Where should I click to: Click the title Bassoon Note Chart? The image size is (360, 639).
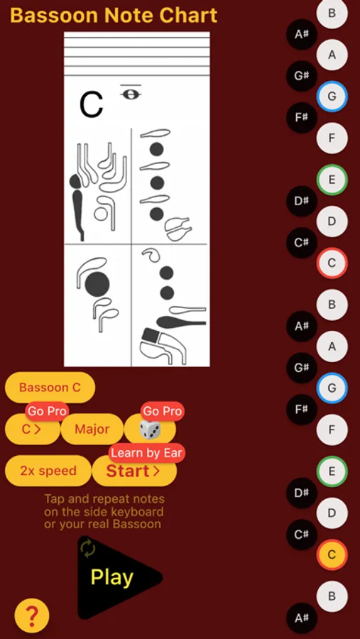click(x=114, y=16)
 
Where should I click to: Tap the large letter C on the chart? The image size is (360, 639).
click(x=92, y=105)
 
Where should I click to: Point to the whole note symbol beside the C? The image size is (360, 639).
click(x=131, y=94)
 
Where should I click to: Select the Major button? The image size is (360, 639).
click(x=92, y=429)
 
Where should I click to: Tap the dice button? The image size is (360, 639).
click(x=150, y=430)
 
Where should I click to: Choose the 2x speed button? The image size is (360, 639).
click(x=48, y=471)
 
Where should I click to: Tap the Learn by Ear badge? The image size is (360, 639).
click(x=147, y=453)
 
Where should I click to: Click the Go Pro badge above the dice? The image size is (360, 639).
click(x=163, y=411)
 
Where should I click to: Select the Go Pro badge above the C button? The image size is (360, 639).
click(x=48, y=411)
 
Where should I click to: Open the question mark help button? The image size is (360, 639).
click(x=32, y=616)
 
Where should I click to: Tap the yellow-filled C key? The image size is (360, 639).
click(x=332, y=555)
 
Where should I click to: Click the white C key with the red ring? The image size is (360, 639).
click(x=332, y=263)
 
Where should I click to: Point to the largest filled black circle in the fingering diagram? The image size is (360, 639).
click(x=97, y=284)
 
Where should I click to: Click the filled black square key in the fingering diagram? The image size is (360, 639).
click(x=150, y=335)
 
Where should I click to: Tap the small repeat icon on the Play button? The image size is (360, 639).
click(x=88, y=548)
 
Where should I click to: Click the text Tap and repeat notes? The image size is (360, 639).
click(x=104, y=499)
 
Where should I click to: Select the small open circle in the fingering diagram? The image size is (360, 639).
click(x=100, y=214)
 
